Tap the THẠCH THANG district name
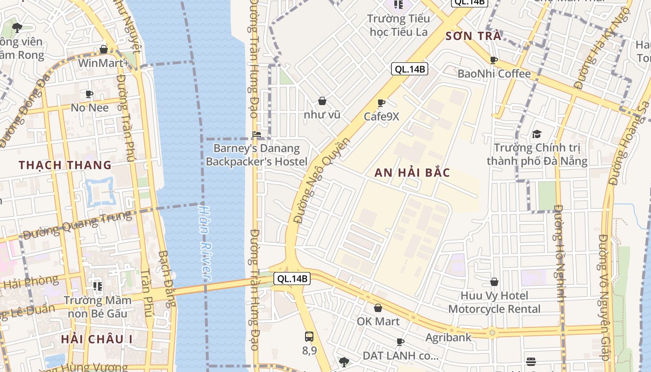coord(65,165)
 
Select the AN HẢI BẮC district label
coord(412,173)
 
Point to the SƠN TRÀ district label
coord(473,36)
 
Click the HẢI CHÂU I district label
coord(97,339)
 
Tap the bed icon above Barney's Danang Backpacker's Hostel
coord(256,134)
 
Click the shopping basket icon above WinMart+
coord(104,50)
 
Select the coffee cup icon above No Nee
coord(89,94)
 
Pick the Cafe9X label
coord(381,116)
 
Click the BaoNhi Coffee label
coord(494,73)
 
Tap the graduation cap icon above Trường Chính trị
coord(537,134)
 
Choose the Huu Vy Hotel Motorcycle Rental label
coord(494,302)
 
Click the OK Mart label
coord(378,321)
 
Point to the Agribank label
coord(448,337)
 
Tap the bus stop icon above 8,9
coord(309,337)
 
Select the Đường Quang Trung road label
coord(77,225)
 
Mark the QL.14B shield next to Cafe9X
coord(409,69)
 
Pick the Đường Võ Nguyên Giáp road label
coord(604,298)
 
